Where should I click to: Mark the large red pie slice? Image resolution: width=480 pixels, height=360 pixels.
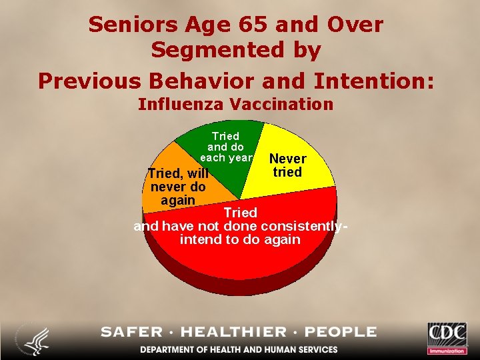[247, 260]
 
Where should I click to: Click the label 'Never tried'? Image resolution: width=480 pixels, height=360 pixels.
[287, 165]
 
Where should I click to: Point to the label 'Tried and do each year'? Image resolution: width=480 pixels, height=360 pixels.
[226, 147]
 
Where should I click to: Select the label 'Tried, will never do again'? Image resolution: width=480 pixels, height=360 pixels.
[178, 187]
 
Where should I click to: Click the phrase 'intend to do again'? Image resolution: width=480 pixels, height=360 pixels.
[240, 239]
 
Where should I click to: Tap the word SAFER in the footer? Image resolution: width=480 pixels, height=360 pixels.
[132, 332]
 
